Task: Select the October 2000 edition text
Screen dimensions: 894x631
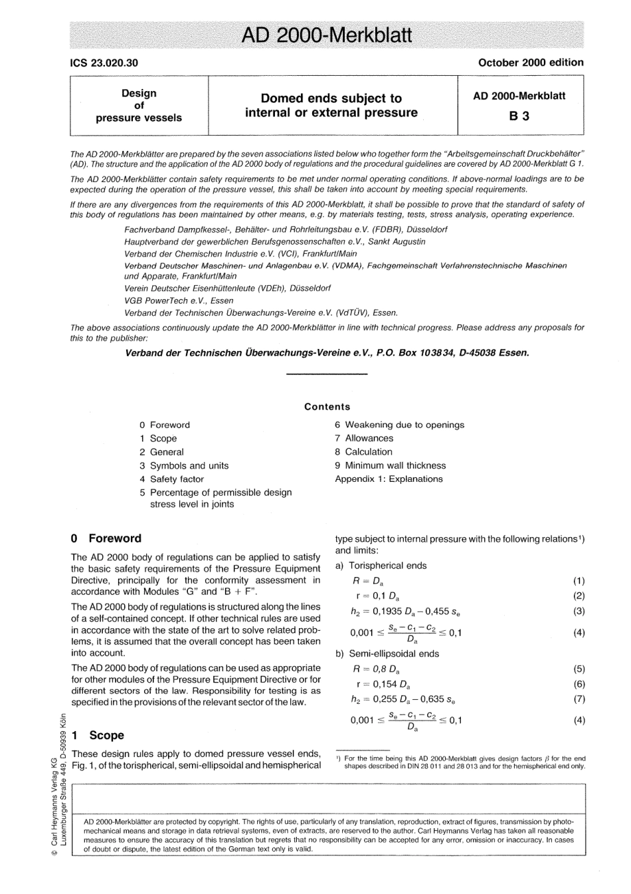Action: click(530, 62)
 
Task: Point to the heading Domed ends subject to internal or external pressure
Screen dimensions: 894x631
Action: click(331, 106)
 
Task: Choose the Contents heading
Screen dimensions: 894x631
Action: click(327, 407)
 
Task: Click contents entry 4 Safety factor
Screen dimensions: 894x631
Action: click(171, 479)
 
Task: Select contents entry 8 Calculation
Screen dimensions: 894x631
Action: click(363, 452)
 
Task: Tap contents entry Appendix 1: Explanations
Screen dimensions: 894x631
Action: click(389, 479)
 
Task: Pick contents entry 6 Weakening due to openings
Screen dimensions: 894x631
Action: click(399, 425)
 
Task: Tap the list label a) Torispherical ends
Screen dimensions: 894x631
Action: click(381, 566)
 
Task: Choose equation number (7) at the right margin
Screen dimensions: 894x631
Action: click(579, 699)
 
